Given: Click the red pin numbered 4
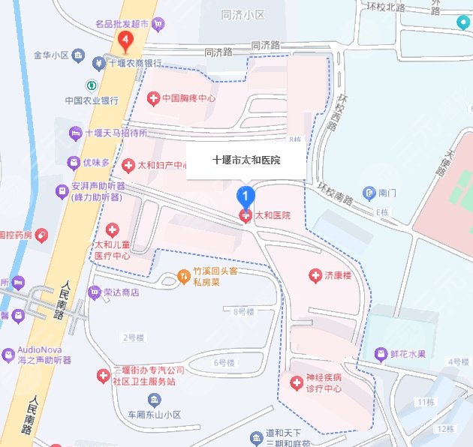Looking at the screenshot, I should pos(126,39).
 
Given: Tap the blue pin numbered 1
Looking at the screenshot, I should pos(245,197).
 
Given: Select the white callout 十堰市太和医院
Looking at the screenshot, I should pos(246,160).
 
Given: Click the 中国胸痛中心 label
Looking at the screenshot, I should pos(188,98).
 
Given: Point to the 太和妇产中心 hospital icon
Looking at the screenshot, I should pos(128,164).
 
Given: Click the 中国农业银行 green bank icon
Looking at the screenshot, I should pos(91,85).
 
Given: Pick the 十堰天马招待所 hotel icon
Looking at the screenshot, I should pos(75,133).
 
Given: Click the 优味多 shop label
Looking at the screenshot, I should pos(96,162).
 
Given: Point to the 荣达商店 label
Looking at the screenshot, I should pos(120,292).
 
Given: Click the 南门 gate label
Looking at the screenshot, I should pos(387,193).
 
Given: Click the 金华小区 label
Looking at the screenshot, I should pos(51,55).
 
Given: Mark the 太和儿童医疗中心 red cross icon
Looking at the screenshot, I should pos(113,229).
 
